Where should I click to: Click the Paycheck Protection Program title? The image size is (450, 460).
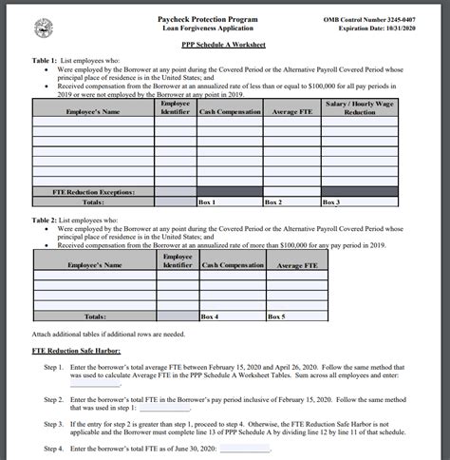(212, 19)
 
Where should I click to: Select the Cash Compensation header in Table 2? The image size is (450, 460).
(231, 265)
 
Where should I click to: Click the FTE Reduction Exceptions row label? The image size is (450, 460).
(93, 191)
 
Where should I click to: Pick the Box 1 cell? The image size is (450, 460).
(230, 202)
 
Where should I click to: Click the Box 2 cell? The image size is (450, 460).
(291, 202)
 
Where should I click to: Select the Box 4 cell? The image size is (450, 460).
(231, 316)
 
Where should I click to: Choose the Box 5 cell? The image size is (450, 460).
(291, 316)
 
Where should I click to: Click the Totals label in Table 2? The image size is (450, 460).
(94, 316)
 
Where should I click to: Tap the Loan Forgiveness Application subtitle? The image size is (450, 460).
(212, 29)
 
